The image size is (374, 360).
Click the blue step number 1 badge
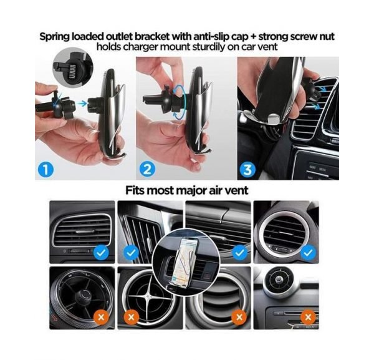[x=46, y=170]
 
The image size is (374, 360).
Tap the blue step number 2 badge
[x=147, y=170]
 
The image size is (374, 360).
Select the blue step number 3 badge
[x=247, y=170]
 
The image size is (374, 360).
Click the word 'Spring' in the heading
[x=54, y=37]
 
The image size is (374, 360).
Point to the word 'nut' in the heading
[x=327, y=37]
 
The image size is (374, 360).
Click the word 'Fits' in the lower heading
[x=135, y=190]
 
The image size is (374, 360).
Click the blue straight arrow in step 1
[x=82, y=104]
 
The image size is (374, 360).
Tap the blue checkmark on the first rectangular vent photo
[x=101, y=253]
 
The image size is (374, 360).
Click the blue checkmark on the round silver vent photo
[x=308, y=253]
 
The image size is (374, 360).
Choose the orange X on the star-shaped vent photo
[x=131, y=318]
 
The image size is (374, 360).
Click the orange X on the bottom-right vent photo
[x=308, y=318]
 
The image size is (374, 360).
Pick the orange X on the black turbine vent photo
[x=101, y=318]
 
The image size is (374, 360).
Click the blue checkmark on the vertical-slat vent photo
[x=131, y=253]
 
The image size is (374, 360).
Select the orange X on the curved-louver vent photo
[x=239, y=318]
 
